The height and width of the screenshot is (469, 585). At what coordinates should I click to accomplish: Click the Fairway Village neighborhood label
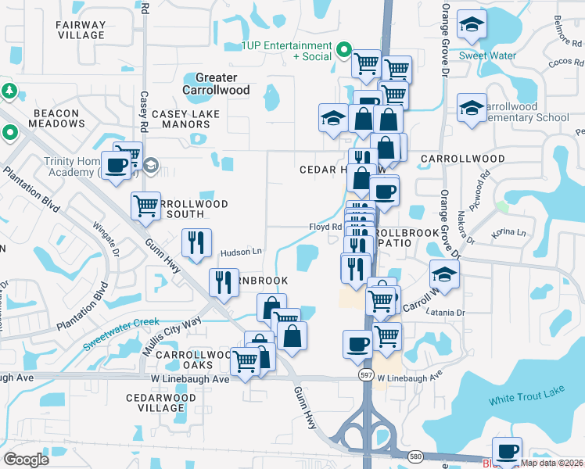(81, 30)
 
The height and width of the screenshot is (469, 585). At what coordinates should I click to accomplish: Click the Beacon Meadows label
(56, 119)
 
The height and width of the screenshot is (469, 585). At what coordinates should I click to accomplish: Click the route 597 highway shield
(366, 375)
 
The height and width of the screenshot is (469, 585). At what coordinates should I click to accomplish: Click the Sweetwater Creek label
(121, 322)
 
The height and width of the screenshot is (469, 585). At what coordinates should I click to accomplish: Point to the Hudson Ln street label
(240, 252)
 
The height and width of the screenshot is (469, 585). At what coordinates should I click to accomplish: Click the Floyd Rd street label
(325, 227)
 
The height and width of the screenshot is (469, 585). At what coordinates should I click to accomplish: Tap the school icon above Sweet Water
(472, 26)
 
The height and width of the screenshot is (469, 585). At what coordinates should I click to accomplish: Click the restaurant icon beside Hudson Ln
(196, 242)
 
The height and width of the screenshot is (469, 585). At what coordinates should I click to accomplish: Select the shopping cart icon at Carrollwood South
(145, 206)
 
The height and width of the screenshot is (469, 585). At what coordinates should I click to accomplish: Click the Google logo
(26, 460)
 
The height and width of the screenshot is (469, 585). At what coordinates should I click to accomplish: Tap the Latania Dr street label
(445, 313)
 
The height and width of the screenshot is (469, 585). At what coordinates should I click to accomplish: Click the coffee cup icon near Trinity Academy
(117, 166)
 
